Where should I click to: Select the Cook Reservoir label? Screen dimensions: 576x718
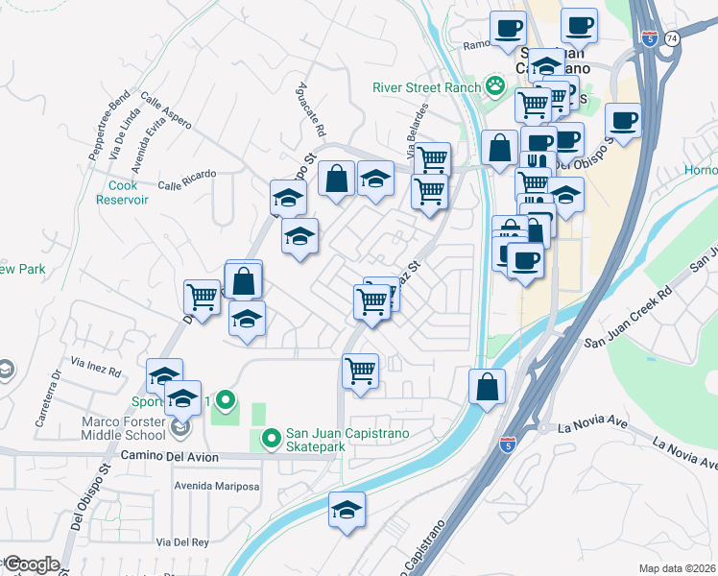coord(122,192)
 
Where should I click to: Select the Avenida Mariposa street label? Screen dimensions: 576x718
coord(216,486)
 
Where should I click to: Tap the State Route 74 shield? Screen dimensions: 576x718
coord(671,37)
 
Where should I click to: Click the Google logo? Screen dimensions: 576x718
coord(31,564)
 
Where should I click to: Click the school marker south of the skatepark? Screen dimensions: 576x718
coord(347,510)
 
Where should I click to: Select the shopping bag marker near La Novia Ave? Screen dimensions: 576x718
coord(488,387)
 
